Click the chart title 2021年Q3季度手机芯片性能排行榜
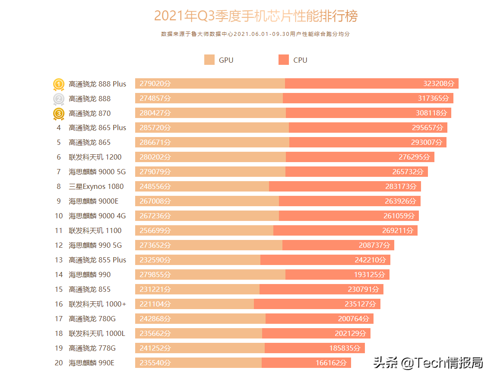point(256,16)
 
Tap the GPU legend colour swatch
point(209,60)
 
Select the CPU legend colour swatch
point(284,60)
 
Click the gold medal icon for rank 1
point(59,84)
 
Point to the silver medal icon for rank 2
point(59,99)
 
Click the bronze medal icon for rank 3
point(59,114)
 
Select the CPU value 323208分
point(439,83)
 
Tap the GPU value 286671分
point(155,142)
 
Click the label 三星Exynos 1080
point(96,186)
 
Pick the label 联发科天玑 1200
point(95,157)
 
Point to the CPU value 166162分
point(331,363)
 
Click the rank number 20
point(59,363)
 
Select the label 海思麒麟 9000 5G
point(97,172)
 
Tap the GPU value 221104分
point(155,304)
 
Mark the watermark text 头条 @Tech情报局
point(428,363)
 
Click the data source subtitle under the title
point(255,34)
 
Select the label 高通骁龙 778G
point(92,348)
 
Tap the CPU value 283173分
point(401,186)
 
